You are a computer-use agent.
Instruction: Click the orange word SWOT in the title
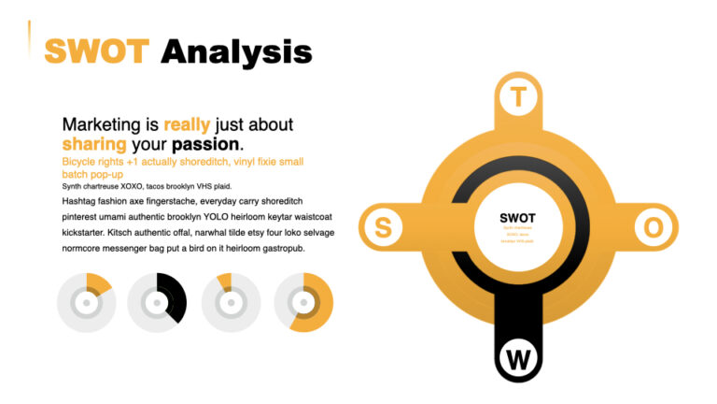(96, 50)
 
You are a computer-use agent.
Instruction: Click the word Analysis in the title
(235, 50)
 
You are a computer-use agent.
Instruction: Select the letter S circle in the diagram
(383, 227)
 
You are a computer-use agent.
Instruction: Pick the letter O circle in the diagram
(654, 227)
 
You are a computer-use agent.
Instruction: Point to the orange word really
(187, 124)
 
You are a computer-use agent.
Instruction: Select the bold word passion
(205, 145)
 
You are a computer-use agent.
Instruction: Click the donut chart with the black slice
(157, 303)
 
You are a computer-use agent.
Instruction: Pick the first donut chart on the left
(86, 303)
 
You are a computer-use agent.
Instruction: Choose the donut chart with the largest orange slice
(303, 303)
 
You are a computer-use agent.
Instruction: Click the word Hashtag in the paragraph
(81, 201)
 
